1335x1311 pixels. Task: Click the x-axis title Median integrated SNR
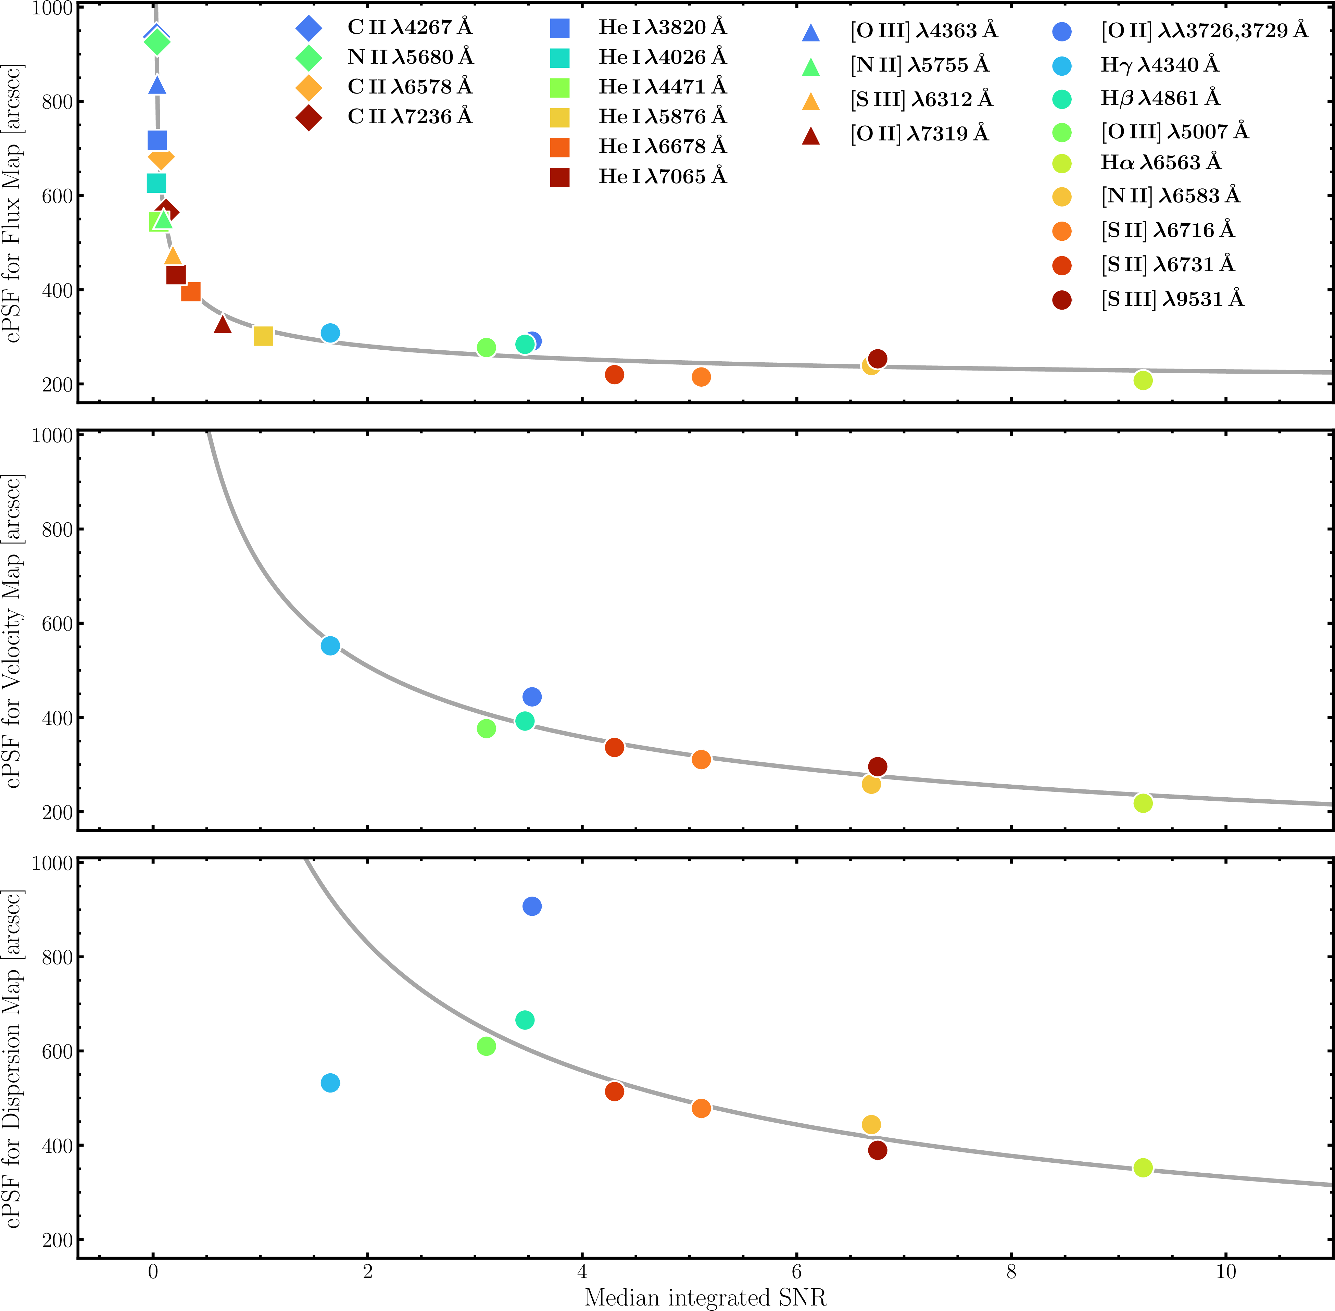705,1297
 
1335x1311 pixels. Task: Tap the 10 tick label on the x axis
1225,1271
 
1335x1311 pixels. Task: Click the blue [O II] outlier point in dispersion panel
531,906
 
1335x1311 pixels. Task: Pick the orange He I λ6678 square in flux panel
191,292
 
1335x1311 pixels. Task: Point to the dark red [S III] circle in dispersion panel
877,1150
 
